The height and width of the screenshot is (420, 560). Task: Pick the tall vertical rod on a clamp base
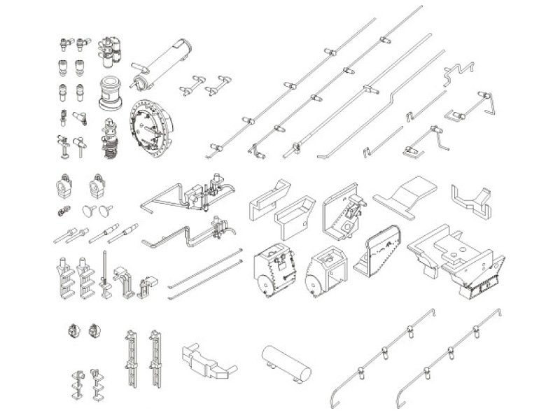coord(106,273)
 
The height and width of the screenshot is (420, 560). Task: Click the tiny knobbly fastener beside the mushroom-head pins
coord(62,211)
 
